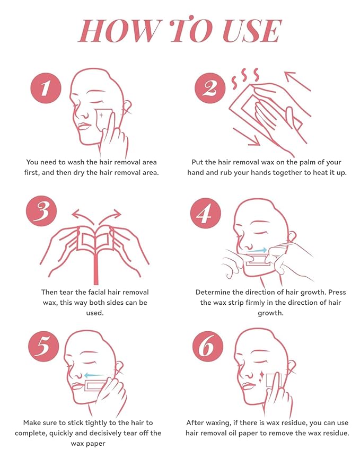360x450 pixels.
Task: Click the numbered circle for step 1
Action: [46, 88]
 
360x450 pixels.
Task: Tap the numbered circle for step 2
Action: [210, 88]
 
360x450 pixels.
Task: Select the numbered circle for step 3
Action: [41, 211]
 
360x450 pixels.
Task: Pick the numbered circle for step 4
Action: [206, 213]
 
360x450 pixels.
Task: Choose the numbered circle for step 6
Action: [208, 347]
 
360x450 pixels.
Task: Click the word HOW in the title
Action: [118, 31]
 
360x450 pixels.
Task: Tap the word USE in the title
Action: [252, 31]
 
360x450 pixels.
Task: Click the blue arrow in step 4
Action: [257, 251]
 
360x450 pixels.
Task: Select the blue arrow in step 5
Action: [94, 375]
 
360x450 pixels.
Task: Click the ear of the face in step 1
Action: [127, 108]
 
